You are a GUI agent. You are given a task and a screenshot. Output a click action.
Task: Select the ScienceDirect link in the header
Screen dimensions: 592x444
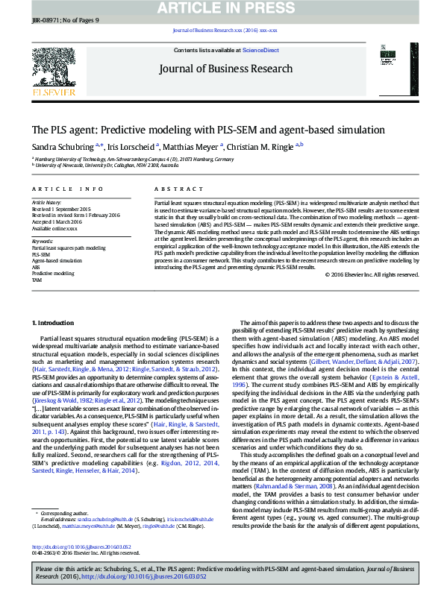point(262,50)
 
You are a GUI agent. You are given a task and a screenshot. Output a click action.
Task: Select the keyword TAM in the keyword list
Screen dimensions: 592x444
point(36,280)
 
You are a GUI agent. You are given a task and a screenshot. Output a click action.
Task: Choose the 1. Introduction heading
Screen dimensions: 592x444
point(54,322)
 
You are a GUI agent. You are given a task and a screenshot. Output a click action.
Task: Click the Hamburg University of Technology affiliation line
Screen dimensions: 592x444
point(134,159)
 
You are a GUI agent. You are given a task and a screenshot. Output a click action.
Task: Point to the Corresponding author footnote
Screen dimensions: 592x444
point(63,493)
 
